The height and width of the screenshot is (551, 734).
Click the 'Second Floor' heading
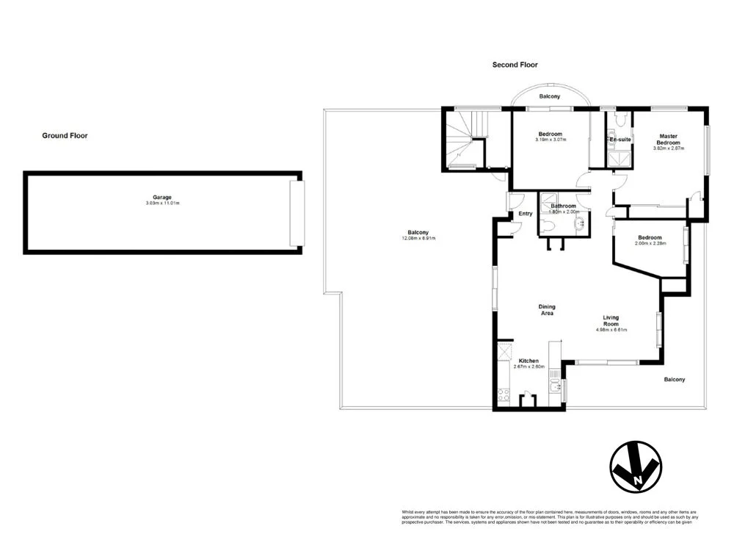[x=515, y=65]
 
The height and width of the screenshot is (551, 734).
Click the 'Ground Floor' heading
[x=65, y=135]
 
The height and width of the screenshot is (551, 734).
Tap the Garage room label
[x=162, y=197]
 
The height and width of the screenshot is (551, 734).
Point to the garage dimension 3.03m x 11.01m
[x=162, y=203]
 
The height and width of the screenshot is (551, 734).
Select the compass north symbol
[x=636, y=466]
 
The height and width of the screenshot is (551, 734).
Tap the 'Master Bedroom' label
[x=668, y=139]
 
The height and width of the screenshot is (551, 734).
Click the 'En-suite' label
[x=620, y=139]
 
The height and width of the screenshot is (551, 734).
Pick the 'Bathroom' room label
[x=563, y=206]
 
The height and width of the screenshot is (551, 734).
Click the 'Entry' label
[x=526, y=214]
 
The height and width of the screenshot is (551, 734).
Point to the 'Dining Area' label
[x=546, y=310]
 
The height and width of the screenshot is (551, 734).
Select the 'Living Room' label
[x=611, y=320]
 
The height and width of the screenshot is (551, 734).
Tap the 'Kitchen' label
[x=528, y=361]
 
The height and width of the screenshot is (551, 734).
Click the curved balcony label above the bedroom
[x=549, y=97]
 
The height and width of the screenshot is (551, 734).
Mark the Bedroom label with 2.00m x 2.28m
[x=650, y=237]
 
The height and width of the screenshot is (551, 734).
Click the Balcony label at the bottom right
[x=674, y=379]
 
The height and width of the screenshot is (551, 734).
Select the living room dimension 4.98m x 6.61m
[x=611, y=330]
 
